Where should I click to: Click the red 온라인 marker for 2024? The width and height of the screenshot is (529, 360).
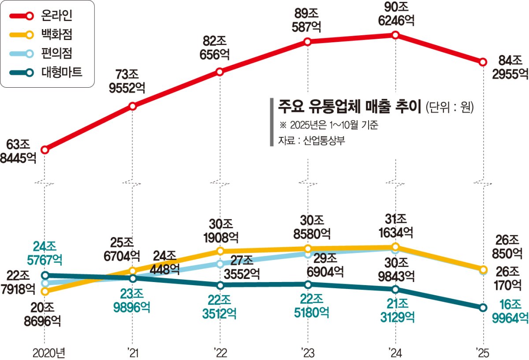pos(395,35)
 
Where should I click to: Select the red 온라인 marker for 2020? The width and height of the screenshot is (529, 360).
pos(45,150)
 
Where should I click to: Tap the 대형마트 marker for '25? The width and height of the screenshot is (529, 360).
pos(483,308)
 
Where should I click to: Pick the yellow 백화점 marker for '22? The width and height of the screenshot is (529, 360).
pos(220,251)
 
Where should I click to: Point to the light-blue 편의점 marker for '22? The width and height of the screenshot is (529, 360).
pos(220,264)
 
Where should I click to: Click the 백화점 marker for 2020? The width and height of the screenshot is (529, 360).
pos(45,292)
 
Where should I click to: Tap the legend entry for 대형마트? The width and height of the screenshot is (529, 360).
pos(46,72)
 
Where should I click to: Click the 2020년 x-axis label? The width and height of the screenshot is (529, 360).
pos(48,353)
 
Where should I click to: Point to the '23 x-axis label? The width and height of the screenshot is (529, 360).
pos(308,353)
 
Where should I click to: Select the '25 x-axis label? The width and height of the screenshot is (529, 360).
pos(483,353)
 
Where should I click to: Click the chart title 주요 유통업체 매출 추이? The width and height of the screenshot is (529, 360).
pos(350,107)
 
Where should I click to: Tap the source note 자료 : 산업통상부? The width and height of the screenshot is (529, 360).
pos(312,141)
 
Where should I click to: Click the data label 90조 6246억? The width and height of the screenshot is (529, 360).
pos(396,14)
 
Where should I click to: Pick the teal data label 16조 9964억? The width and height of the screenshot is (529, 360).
pos(510,312)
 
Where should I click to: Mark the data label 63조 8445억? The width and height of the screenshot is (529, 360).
pos(18,151)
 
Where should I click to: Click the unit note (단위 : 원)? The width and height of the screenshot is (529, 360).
pos(450,108)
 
